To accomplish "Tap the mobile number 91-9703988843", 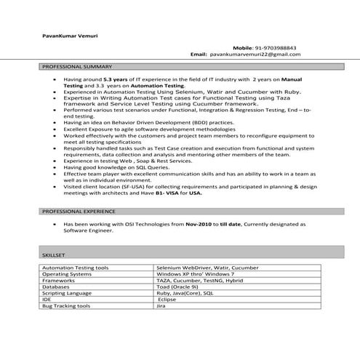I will click(x=276, y=47).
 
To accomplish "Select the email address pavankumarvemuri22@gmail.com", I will click(x=255, y=55).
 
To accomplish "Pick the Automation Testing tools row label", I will click(x=76, y=268).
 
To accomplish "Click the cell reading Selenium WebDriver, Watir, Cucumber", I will click(x=206, y=268).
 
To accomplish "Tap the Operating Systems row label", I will click(x=67, y=274).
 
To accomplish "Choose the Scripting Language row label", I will click(x=67, y=293).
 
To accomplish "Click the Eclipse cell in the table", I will click(x=167, y=300).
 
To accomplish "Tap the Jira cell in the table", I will click(x=161, y=306).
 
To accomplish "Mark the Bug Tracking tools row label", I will click(x=66, y=306).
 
